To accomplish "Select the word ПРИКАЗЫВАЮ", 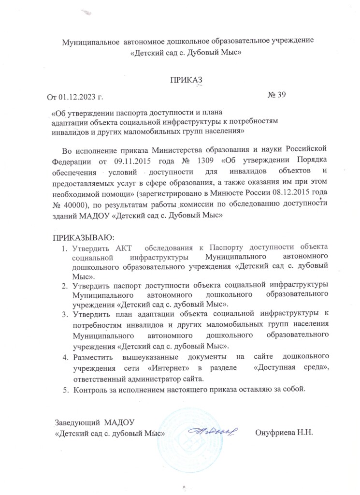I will tap(81, 238).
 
